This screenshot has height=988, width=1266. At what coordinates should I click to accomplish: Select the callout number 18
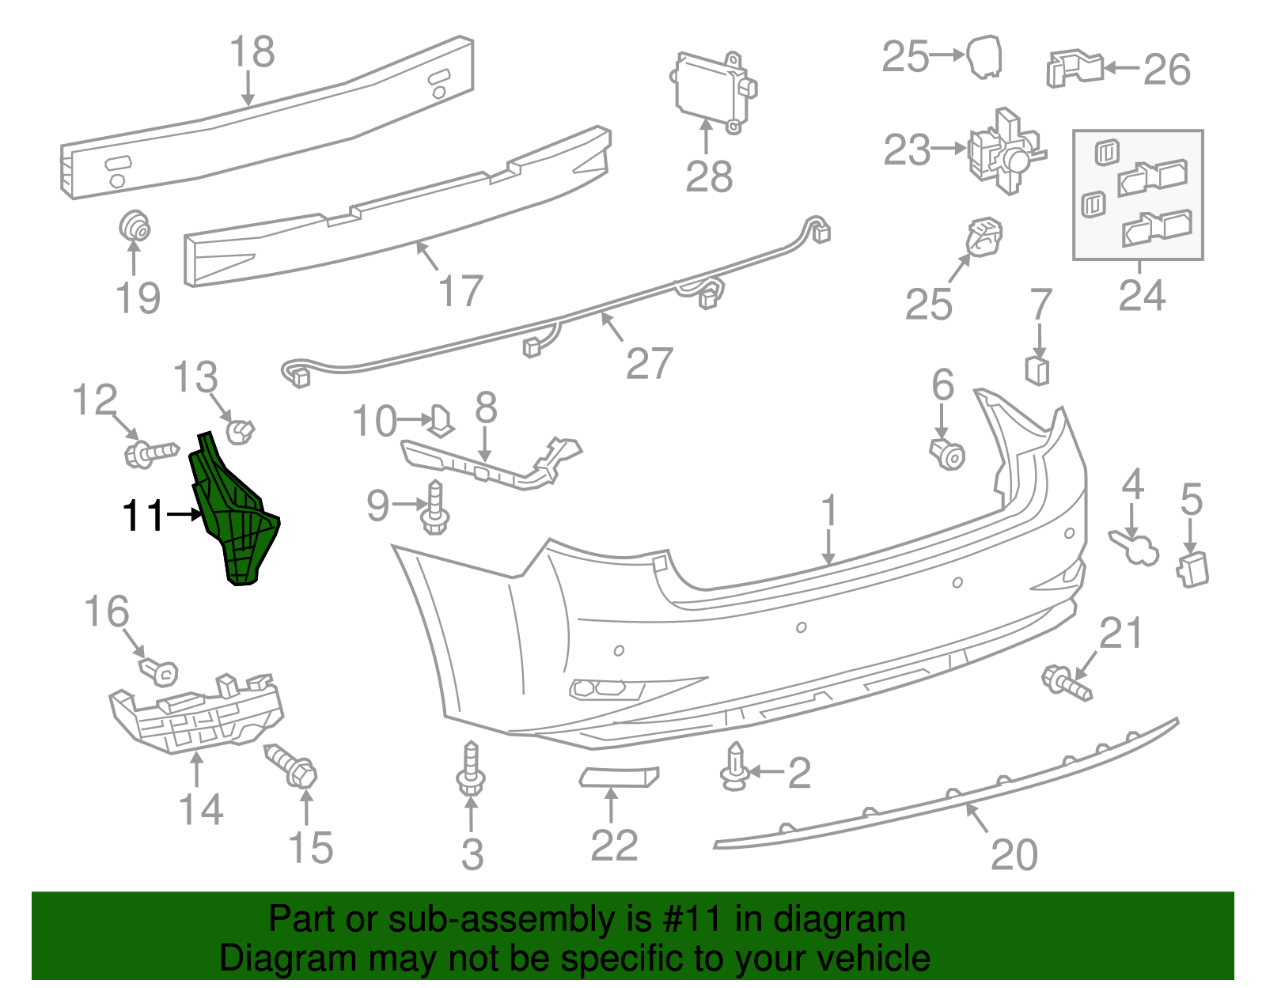coord(252,52)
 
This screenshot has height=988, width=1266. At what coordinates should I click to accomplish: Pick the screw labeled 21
coord(1067,683)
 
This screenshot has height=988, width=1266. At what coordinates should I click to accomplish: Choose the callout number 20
coord(1014,854)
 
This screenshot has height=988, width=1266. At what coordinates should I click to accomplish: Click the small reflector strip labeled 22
coord(619,778)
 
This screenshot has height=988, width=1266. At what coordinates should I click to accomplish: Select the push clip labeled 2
coord(735,768)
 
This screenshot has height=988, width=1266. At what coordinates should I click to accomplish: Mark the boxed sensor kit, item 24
coord(1138,195)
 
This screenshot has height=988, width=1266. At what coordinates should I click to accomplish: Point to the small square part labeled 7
coord(1038,369)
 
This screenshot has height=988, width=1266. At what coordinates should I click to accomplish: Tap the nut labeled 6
coord(947,453)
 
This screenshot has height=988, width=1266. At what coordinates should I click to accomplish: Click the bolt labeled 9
coord(434,509)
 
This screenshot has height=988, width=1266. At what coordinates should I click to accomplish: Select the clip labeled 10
coord(442,420)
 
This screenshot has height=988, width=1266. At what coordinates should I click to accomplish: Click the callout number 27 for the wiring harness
coord(649,364)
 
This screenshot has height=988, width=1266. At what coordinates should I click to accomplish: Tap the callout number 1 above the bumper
coord(828,511)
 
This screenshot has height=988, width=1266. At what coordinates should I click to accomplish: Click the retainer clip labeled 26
coord(1075,69)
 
